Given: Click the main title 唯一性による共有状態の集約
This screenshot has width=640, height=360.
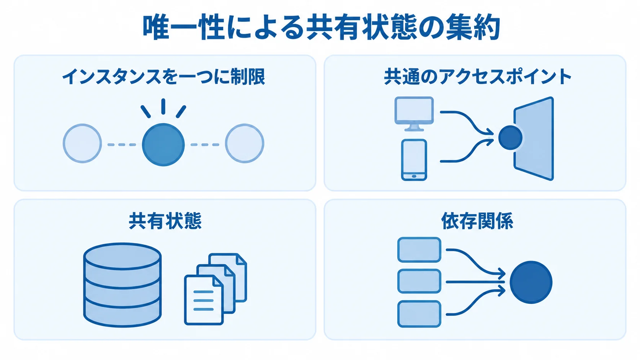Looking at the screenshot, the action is click(322, 28).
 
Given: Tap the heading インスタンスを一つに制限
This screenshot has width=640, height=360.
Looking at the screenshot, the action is click(164, 77).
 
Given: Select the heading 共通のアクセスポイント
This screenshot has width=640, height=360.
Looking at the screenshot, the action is click(477, 77).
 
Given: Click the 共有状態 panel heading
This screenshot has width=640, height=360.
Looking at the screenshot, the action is click(165, 221).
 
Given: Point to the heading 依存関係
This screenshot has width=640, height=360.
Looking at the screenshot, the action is click(477, 221).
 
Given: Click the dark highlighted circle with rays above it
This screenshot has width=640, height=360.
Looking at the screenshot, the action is click(163, 145).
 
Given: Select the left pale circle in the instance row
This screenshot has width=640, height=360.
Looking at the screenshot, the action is click(82, 143).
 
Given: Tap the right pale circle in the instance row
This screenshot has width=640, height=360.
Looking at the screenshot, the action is click(244, 143).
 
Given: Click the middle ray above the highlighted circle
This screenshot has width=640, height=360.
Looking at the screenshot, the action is click(163, 106).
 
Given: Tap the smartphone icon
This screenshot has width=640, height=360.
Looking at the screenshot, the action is click(414, 160).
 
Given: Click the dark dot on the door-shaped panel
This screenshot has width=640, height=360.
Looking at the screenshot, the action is click(510, 138).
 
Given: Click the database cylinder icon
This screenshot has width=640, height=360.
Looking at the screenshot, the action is click(122, 285).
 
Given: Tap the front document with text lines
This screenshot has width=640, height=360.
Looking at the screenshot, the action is click(203, 300).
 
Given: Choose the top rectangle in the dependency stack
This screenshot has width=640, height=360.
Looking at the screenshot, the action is click(419, 250).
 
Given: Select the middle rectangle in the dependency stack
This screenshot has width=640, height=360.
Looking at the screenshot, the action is click(419, 281).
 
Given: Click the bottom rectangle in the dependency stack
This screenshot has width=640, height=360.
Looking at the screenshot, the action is click(419, 314).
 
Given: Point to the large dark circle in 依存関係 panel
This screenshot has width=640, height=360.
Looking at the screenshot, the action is click(531, 282).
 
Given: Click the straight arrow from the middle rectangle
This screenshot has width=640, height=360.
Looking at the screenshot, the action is click(475, 282).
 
